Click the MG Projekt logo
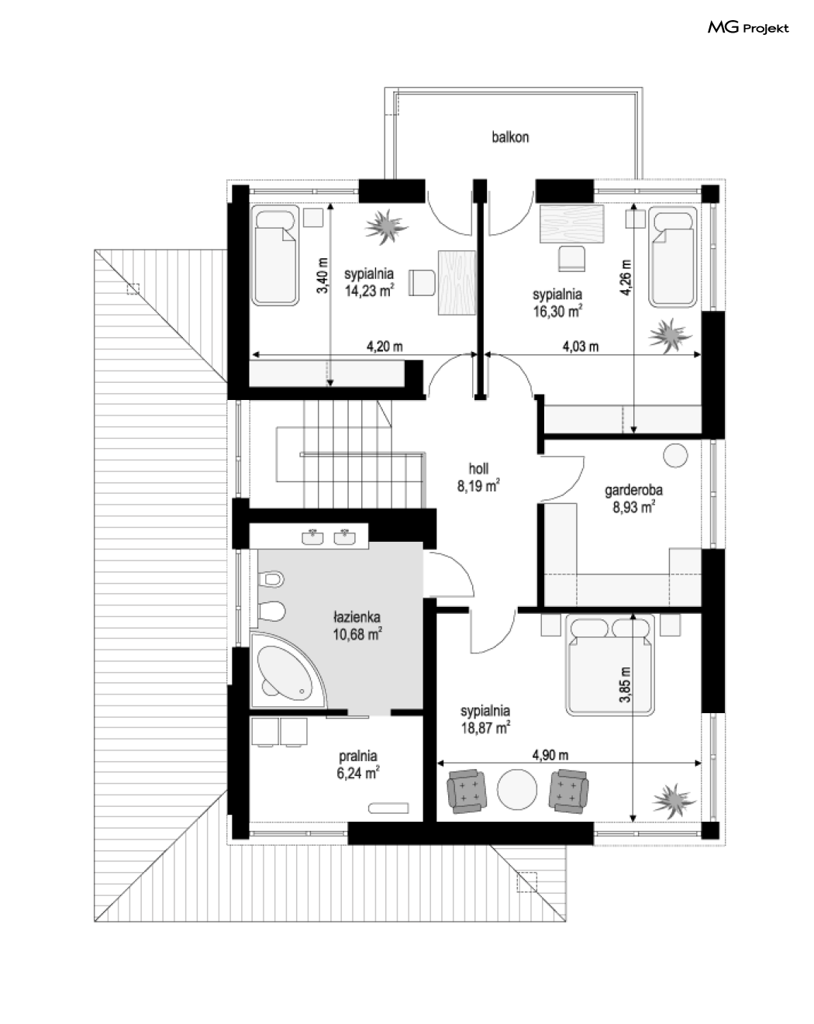coord(748,29)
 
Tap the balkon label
coord(510,137)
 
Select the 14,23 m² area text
coord(369,291)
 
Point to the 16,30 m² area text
coord(557,311)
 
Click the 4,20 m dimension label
coord(385,346)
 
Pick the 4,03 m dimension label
coord(581,346)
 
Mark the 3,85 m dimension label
coord(625,684)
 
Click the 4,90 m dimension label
coord(550,755)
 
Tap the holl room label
coord(478,469)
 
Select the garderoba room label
coord(633,490)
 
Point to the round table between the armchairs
coord(517,789)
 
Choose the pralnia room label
coord(358,756)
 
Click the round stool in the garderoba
coord(675,456)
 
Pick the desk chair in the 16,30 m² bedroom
coord(571,258)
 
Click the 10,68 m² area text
coord(357,634)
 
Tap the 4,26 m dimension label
coord(625,278)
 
